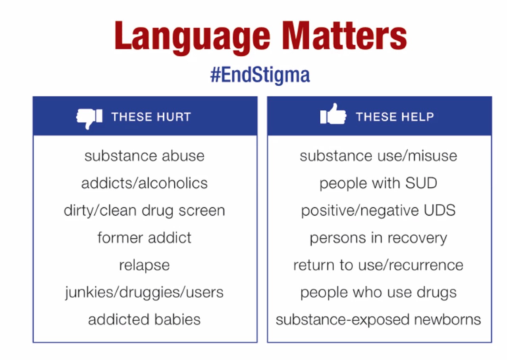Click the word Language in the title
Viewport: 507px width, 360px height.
tap(193, 37)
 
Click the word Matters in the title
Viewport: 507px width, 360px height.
tap(345, 35)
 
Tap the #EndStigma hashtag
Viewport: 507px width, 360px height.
tap(260, 75)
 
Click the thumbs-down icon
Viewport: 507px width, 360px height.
tap(89, 118)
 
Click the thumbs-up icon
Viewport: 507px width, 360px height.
tap(333, 114)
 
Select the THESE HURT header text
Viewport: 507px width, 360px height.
tap(151, 117)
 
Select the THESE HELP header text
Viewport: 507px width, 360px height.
tap(395, 117)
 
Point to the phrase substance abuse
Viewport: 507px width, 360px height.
tap(145, 156)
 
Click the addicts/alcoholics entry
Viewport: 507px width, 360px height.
tap(145, 183)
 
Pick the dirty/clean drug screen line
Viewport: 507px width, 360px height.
tap(145, 211)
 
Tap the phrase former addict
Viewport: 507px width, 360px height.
tap(145, 238)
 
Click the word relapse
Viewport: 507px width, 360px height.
tap(145, 265)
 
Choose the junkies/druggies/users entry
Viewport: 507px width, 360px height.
tap(145, 293)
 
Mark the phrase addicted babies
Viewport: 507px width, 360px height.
tap(145, 320)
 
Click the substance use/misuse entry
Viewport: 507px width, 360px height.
tap(378, 156)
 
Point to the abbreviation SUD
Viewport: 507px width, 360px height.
tap(421, 183)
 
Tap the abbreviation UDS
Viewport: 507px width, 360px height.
tap(440, 210)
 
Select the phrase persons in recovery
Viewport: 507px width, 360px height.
tap(378, 238)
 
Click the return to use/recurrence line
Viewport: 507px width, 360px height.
tap(378, 265)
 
